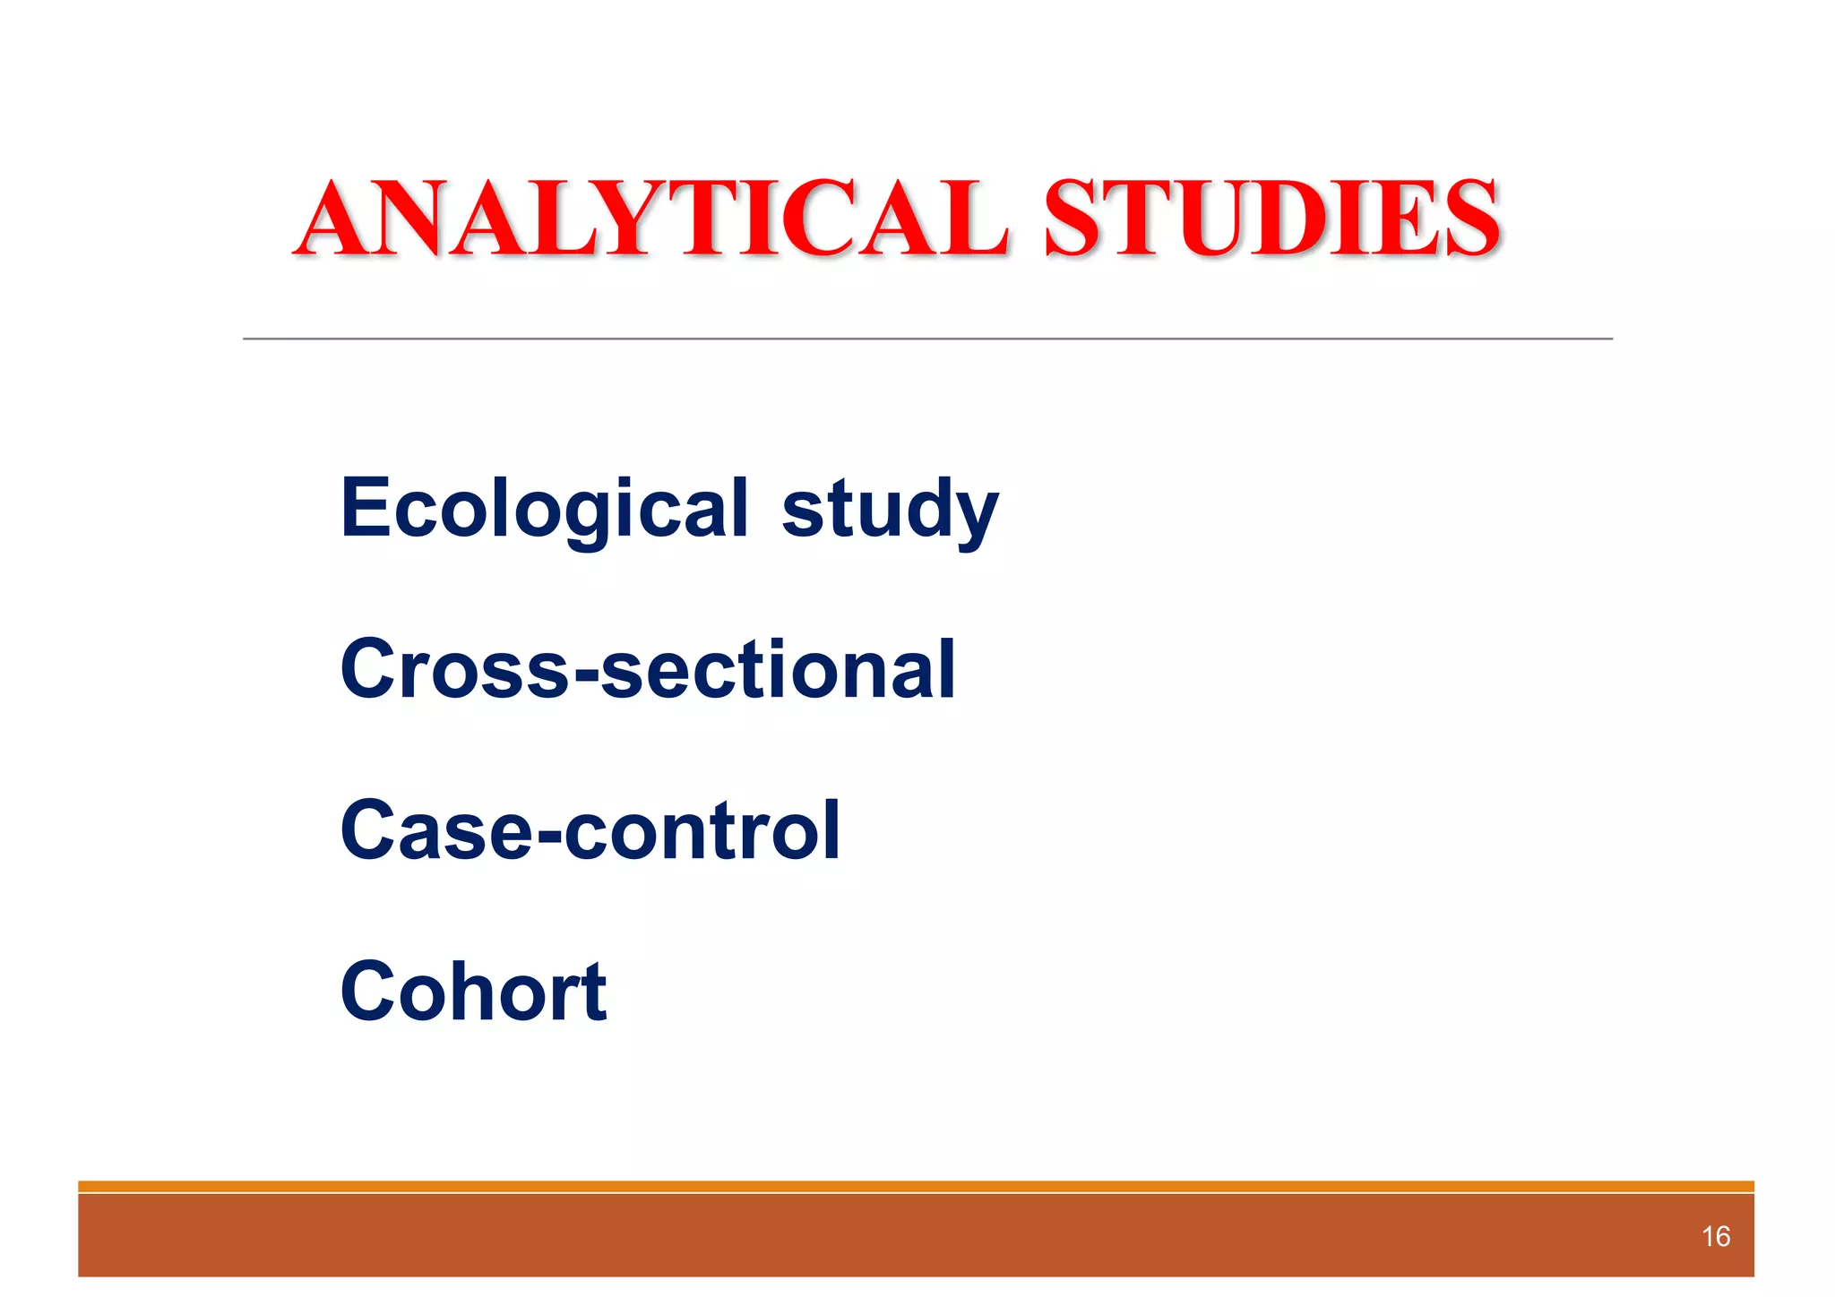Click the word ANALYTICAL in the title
pyautogui.click(x=652, y=219)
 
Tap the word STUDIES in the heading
pyautogui.click(x=1272, y=219)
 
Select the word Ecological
pyautogui.click(x=544, y=508)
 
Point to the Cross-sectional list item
pyautogui.click(x=648, y=669)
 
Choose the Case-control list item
pyautogui.click(x=590, y=830)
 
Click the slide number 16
pyautogui.click(x=1715, y=1237)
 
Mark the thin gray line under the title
pyautogui.click(x=927, y=339)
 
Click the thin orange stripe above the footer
pyautogui.click(x=916, y=1186)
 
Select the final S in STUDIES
pyautogui.click(x=1469, y=219)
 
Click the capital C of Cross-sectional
pyautogui.click(x=369, y=669)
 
